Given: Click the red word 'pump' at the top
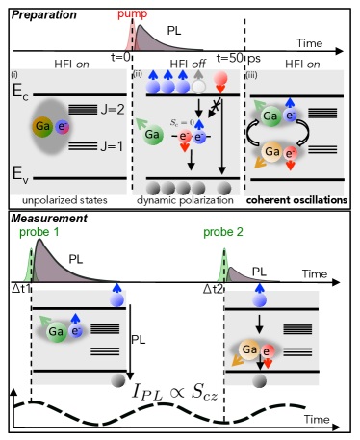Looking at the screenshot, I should coord(133,13).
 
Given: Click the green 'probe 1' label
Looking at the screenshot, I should coord(39,232).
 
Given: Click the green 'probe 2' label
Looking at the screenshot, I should coord(223,232).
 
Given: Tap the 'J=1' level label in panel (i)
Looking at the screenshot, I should coord(111,146).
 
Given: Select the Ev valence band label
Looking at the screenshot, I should coord(20,174).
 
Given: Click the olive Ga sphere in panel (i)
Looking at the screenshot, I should coord(43,126).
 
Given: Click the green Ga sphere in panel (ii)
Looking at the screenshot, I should coord(153,136).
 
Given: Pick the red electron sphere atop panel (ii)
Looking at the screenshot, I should coord(221,80).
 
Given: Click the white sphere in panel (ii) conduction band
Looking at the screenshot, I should coord(198,87).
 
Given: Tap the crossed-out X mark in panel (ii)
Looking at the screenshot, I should coord(218,103).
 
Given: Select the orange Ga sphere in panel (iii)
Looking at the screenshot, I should coord(273,152).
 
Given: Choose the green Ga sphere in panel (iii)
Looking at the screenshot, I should coord(272,116).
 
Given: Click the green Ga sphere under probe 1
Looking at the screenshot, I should coord(58,332).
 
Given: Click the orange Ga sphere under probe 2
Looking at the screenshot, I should coord(249,349).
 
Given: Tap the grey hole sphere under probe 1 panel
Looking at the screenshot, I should coord(117,381).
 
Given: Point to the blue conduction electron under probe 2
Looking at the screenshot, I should coord(259,299).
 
